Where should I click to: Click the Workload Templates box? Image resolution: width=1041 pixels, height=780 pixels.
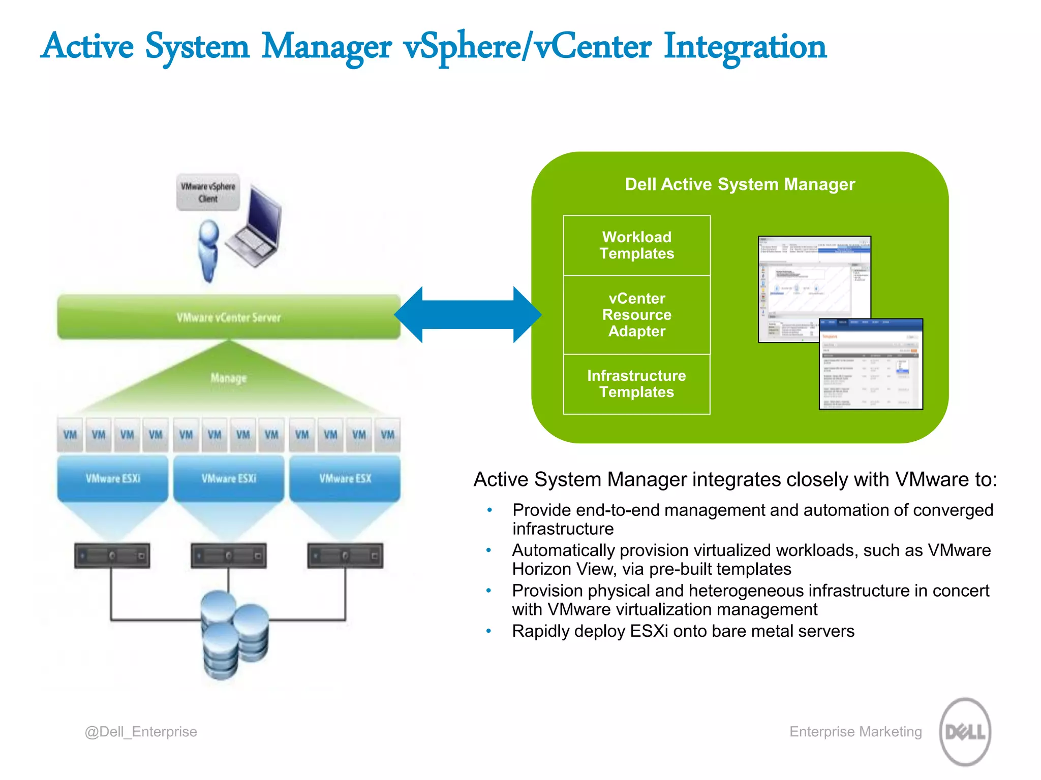(636, 245)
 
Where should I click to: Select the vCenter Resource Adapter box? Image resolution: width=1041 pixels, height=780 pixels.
(636, 315)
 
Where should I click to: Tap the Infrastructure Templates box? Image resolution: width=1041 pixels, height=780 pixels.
(636, 384)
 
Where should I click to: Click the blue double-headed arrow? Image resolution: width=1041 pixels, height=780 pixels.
(468, 315)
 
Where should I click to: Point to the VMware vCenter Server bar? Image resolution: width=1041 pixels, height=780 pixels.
(229, 317)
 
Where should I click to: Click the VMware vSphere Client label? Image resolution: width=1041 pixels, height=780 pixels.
(208, 192)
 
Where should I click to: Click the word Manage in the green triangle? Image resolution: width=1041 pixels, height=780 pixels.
(229, 378)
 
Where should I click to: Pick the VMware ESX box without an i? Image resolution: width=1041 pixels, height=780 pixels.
(345, 478)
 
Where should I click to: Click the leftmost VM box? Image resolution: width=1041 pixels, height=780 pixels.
(70, 435)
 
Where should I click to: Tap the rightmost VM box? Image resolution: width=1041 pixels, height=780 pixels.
(387, 435)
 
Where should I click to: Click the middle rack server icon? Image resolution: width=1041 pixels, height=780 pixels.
(229, 556)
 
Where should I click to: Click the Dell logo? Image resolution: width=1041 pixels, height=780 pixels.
(965, 732)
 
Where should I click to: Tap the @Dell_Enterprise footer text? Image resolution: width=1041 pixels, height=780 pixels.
(141, 732)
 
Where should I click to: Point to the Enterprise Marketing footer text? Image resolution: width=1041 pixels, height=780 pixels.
(855, 732)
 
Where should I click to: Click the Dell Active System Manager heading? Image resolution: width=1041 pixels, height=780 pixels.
(740, 184)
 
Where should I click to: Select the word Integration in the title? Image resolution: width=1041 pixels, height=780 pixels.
(745, 47)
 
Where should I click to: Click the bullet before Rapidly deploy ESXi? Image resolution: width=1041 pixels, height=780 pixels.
(488, 631)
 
